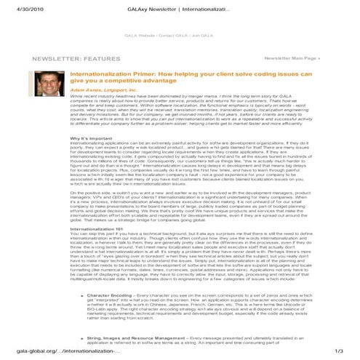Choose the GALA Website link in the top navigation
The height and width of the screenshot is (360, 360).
(141, 35)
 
